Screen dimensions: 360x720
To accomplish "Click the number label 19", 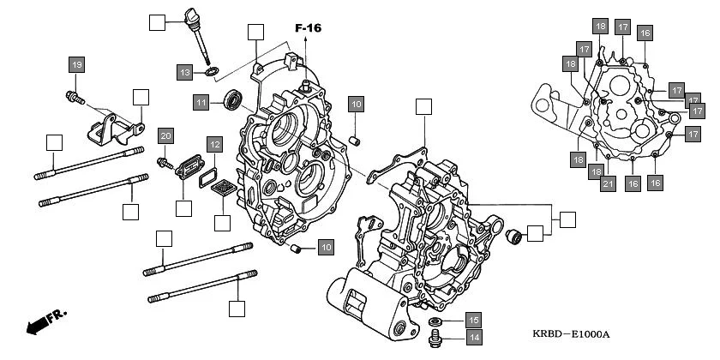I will pyautogui.click(x=77, y=65).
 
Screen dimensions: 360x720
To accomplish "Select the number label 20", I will pyautogui.click(x=165, y=135).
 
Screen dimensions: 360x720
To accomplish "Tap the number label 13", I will pyautogui.click(x=186, y=73).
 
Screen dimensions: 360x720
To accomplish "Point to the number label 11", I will pyautogui.click(x=201, y=102).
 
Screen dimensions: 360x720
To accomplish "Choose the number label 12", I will pyautogui.click(x=213, y=145).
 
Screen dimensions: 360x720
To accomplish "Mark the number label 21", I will pyautogui.click(x=608, y=183).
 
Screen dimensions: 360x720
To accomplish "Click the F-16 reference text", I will pyautogui.click(x=308, y=28).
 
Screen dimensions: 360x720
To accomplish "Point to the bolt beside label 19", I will pyautogui.click(x=74, y=98).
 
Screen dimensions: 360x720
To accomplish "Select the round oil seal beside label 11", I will pyautogui.click(x=232, y=100).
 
